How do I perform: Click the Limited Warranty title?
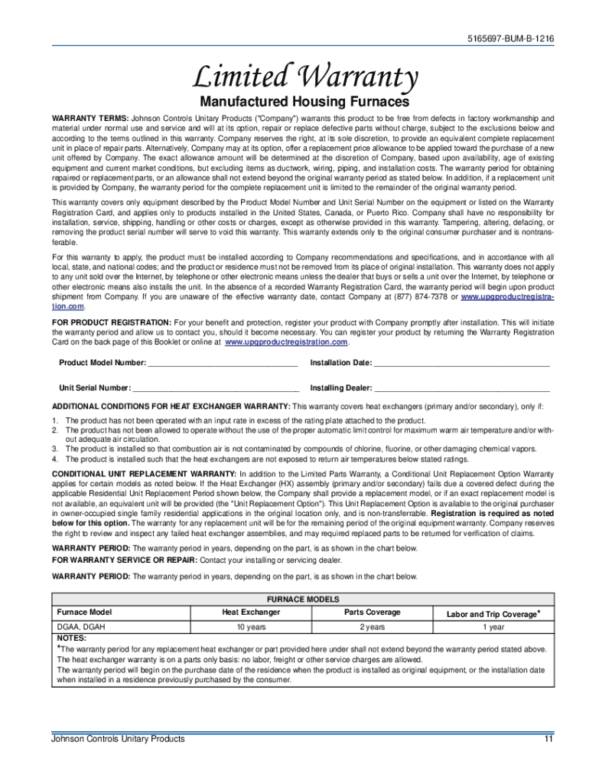[x=304, y=77]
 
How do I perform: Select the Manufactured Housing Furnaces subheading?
[x=304, y=102]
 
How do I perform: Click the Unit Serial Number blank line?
[x=216, y=388]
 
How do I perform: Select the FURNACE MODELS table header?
[x=303, y=599]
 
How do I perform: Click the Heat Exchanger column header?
[x=251, y=612]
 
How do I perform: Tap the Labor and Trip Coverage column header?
[x=493, y=614]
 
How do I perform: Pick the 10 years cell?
[x=251, y=627]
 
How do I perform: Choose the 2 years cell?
[x=373, y=627]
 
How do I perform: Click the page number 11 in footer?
[x=548, y=739]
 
